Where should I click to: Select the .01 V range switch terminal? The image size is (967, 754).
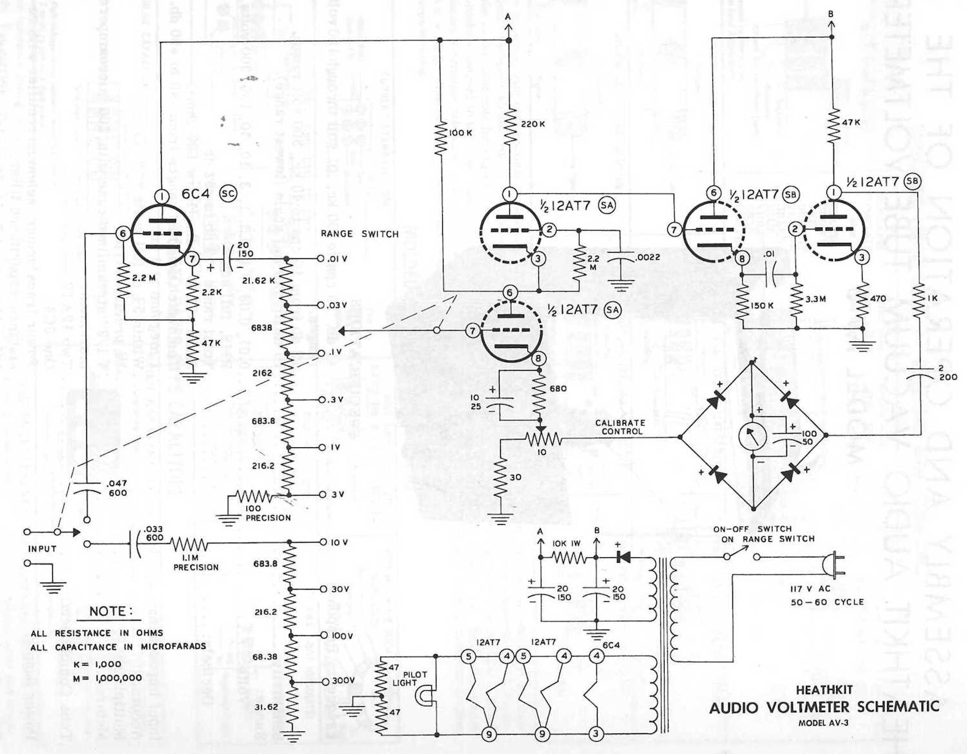[322, 258]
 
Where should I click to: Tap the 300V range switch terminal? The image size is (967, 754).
[323, 681]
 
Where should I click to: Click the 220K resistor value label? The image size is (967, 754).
[532, 124]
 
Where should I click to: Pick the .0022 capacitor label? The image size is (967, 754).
[647, 257]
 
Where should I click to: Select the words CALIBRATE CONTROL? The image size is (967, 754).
[620, 427]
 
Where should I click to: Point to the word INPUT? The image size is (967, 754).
[42, 549]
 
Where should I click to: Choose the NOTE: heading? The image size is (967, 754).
[111, 611]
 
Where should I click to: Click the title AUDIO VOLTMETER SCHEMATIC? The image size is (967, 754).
[824, 707]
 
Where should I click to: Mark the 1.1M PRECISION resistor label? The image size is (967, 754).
[195, 562]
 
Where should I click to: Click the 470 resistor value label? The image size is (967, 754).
[878, 298]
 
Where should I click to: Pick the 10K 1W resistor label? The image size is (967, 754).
[566, 543]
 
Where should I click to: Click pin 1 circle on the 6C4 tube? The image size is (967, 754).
[161, 196]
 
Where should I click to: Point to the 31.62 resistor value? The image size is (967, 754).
[266, 707]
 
